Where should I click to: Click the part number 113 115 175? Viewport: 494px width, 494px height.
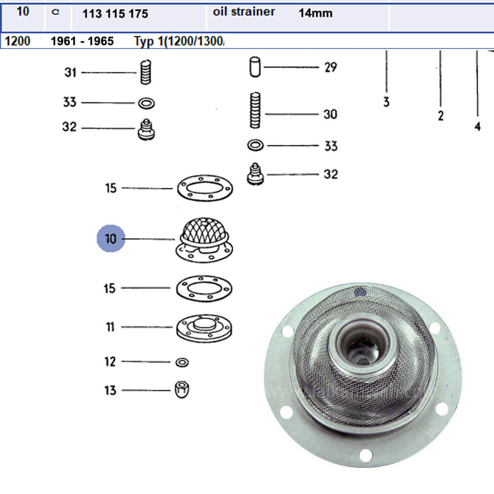(x=110, y=14)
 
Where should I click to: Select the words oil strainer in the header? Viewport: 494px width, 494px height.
(x=244, y=12)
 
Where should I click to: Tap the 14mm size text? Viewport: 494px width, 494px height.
(x=315, y=13)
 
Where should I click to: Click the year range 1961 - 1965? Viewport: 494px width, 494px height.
(x=82, y=41)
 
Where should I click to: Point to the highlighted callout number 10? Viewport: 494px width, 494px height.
(x=110, y=239)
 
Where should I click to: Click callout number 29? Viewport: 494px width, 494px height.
(x=330, y=67)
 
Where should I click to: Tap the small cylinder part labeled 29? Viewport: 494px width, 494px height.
(x=255, y=67)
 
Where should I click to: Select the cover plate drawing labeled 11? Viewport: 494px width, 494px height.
(x=205, y=328)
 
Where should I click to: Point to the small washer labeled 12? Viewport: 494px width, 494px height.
(x=182, y=362)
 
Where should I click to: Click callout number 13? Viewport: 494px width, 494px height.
(x=110, y=390)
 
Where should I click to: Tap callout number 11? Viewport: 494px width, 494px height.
(x=110, y=327)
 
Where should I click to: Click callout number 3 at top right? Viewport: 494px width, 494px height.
(x=386, y=102)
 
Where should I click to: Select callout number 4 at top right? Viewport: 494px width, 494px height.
(x=477, y=126)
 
